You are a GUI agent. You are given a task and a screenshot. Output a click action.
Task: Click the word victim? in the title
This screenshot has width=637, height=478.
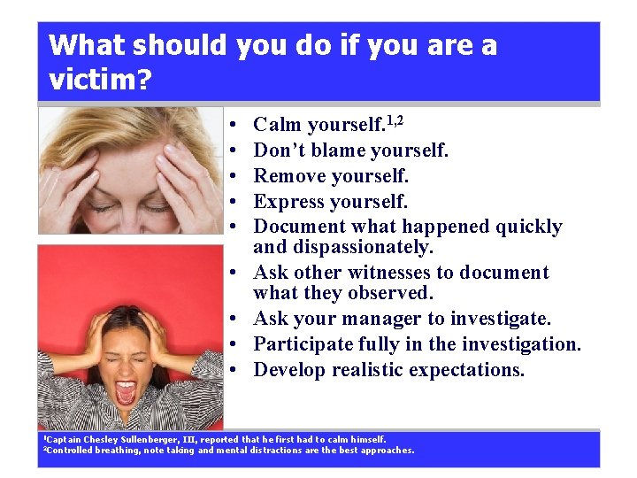[100, 81]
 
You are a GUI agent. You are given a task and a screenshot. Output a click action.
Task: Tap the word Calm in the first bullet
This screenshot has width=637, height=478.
[277, 125]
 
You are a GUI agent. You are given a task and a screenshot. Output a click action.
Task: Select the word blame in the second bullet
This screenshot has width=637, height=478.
[336, 150]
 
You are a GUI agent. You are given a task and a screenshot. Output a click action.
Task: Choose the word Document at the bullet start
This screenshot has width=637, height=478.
[297, 227]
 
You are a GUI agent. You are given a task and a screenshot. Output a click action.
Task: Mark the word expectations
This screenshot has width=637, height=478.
[472, 369]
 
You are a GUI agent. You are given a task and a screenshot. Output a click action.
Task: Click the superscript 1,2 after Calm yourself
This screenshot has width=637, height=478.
[395, 119]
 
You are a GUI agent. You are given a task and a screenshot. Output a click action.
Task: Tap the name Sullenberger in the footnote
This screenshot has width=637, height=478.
[158, 439]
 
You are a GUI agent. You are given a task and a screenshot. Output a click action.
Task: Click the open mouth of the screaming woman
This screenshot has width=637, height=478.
[126, 391]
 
